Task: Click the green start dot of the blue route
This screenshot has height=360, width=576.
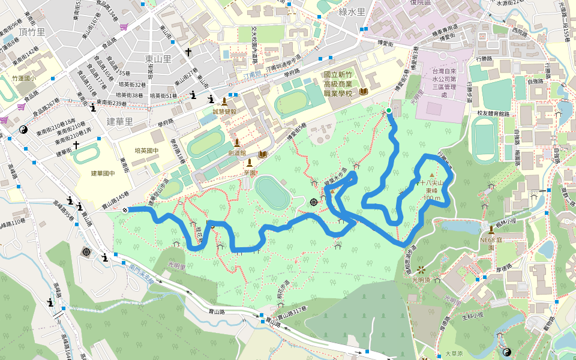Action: tap(389, 110)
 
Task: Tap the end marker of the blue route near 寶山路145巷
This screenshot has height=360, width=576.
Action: tap(125, 209)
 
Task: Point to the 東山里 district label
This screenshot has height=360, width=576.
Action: tap(158, 59)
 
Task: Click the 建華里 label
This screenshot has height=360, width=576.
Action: tap(119, 121)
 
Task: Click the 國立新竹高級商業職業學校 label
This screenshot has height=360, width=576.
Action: tap(340, 86)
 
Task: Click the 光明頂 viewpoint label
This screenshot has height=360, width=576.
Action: tap(423, 280)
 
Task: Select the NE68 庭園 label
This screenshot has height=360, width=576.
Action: tap(491, 243)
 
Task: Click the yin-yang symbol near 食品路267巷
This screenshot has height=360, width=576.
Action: tap(24, 129)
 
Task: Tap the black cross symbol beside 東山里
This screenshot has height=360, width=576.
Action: tap(188, 53)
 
